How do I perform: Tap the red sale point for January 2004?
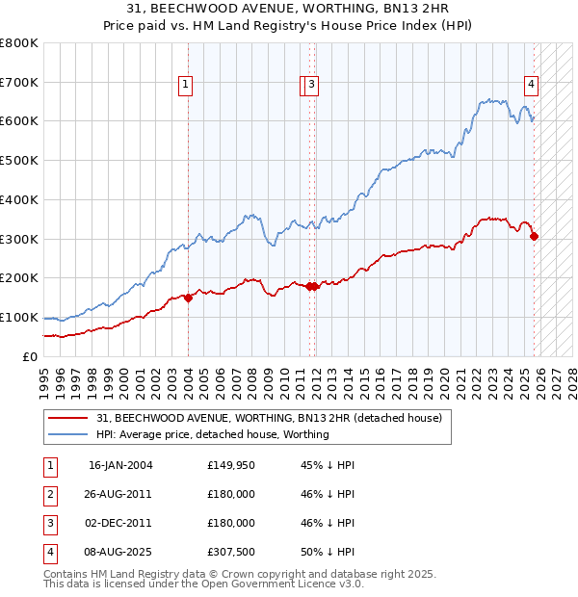[x=188, y=298]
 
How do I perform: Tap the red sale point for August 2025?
[x=535, y=236]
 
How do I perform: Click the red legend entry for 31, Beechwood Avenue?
[x=269, y=418]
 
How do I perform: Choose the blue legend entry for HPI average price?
[x=212, y=434]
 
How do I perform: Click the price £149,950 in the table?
[x=230, y=465]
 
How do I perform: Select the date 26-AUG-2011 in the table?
[x=120, y=494]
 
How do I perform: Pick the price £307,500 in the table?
[x=230, y=552]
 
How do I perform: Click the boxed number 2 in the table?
[x=48, y=494]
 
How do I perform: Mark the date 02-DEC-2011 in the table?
[x=120, y=523]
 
